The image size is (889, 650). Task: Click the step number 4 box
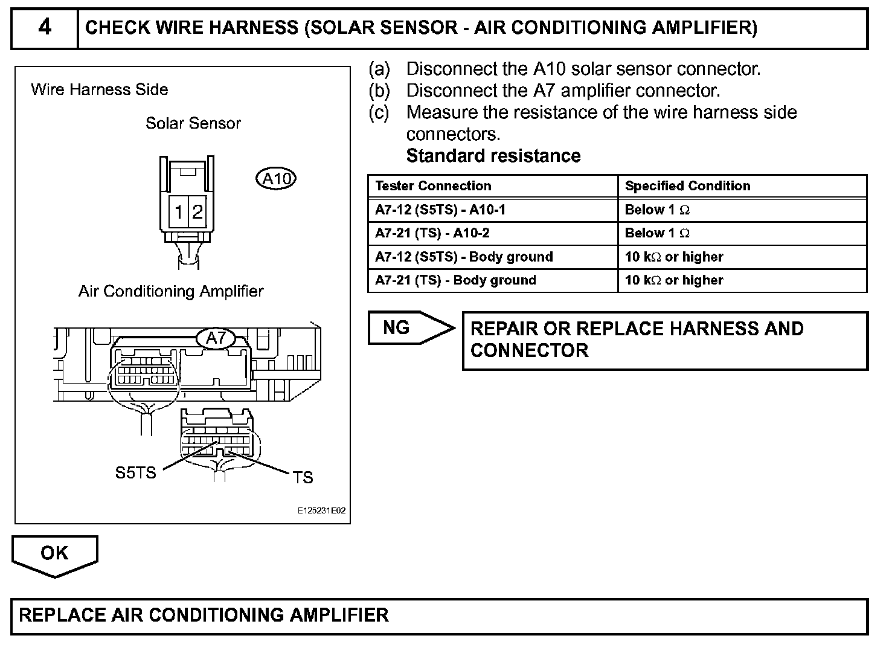click(x=45, y=28)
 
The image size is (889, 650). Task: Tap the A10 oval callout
click(x=277, y=179)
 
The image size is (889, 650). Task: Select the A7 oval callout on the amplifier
click(x=216, y=338)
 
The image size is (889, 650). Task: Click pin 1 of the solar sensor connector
click(x=179, y=211)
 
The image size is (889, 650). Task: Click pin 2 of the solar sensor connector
click(x=197, y=211)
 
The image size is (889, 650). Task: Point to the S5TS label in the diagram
click(x=135, y=472)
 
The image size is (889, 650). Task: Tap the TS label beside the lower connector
click(x=303, y=478)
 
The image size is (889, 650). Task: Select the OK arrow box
click(x=54, y=553)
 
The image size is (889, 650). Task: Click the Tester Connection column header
click(x=433, y=186)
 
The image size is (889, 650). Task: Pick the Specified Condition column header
click(x=687, y=186)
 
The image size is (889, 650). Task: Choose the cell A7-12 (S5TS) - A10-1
click(x=440, y=210)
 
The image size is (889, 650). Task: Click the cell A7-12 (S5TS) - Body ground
click(x=464, y=257)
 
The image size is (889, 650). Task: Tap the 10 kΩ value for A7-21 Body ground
click(x=674, y=280)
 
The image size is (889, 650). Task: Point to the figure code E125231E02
click(x=321, y=510)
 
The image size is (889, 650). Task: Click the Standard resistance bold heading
click(x=493, y=156)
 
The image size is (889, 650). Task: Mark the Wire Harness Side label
click(x=100, y=90)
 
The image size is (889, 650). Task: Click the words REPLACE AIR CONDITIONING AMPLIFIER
click(x=204, y=615)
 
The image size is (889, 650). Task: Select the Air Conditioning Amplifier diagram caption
click(x=171, y=291)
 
